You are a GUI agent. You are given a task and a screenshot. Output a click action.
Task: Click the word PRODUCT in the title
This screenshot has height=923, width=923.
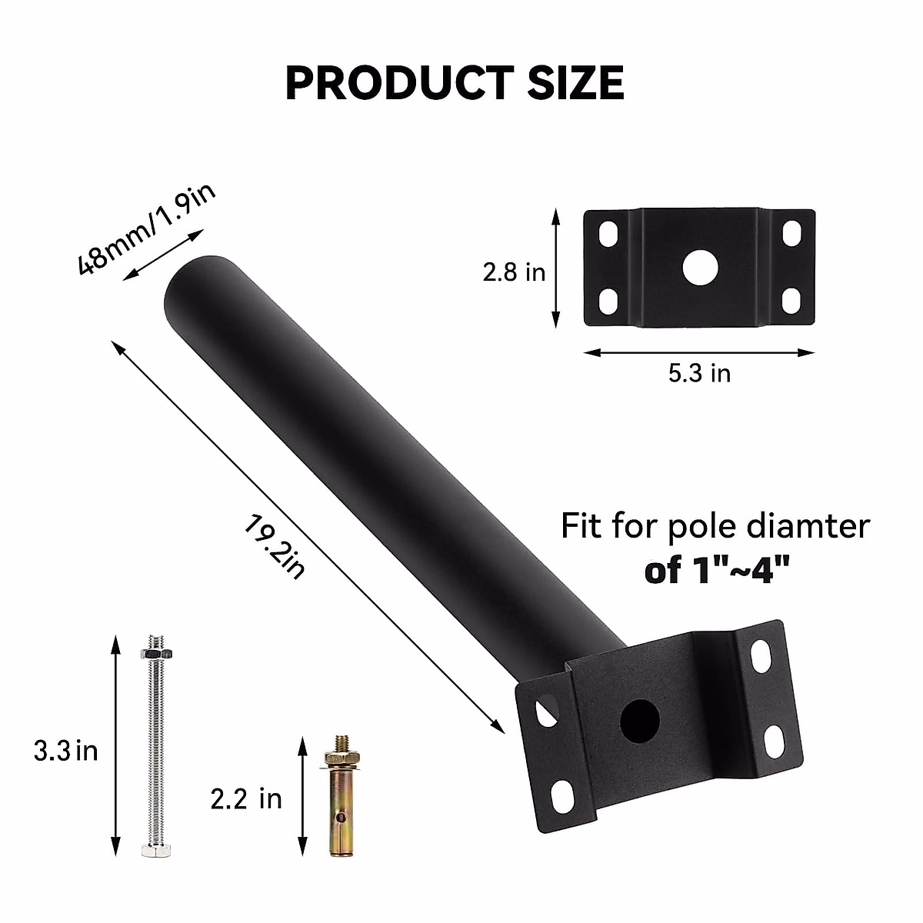point(398,83)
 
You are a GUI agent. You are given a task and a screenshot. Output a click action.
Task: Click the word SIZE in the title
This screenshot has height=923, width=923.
point(575,83)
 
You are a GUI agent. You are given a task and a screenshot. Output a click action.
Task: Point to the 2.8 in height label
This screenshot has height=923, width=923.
point(514,272)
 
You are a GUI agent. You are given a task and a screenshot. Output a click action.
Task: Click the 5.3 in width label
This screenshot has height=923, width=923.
point(698,374)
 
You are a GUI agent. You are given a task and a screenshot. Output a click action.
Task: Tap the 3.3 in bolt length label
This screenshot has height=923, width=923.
point(65,750)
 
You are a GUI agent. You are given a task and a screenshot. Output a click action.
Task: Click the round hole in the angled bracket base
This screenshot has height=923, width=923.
point(640,719)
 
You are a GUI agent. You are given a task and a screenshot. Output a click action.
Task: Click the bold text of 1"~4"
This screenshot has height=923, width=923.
point(717,571)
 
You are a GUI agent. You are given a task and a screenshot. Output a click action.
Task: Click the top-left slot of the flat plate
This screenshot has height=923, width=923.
point(608,232)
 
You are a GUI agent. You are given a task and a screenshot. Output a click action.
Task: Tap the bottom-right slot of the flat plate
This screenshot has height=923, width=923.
point(791,300)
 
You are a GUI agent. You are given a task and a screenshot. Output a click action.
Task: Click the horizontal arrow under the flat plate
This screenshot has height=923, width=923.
point(698,353)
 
